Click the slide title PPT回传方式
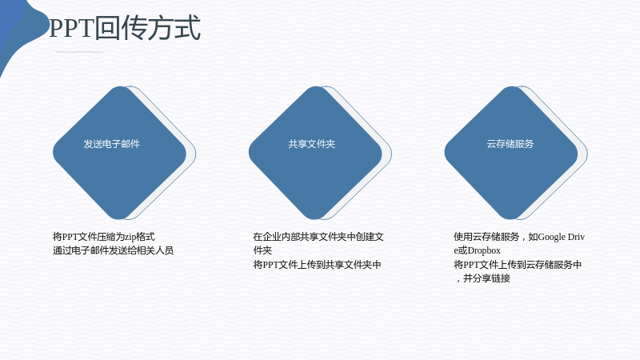coord(125,28)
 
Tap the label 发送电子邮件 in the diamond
coord(111,144)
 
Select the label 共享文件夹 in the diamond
coord(311,144)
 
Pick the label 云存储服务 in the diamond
coord(510,144)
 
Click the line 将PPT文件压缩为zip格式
coord(104,237)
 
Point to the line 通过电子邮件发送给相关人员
coord(113,250)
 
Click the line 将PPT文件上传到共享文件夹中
coord(317,265)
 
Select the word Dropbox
coord(484,250)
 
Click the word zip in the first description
coord(130,237)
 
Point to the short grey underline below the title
coord(79,52)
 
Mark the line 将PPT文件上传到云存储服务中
coord(518,265)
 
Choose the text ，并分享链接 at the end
coord(482,278)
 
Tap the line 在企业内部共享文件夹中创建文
coord(318,237)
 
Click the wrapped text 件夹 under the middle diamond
coord(262,250)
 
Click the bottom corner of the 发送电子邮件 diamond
coord(119,219)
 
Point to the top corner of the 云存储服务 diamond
coord(511,86)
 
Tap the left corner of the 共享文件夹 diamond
coord(249,153)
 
